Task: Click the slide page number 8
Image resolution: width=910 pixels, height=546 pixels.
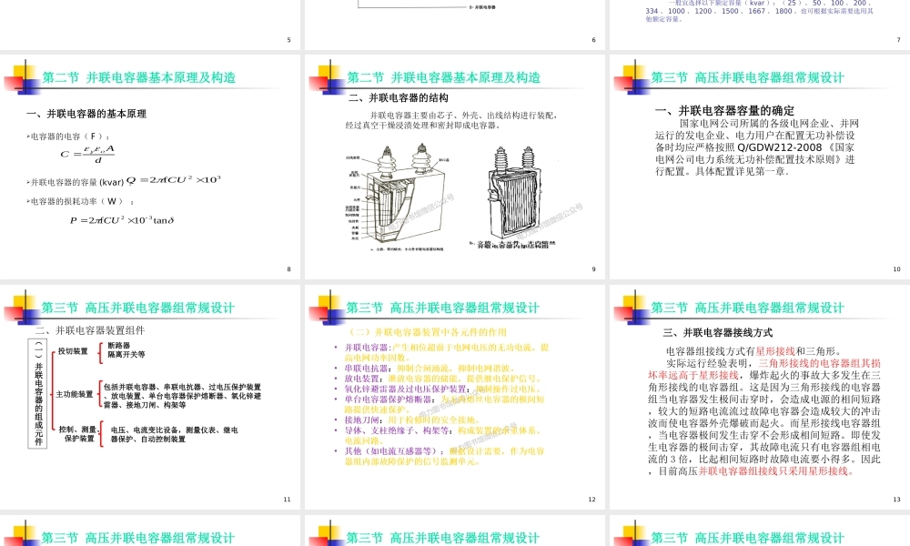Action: point(288,269)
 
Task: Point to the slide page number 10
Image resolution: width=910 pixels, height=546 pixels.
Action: point(896,269)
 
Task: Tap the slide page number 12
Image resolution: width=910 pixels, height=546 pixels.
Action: point(591,499)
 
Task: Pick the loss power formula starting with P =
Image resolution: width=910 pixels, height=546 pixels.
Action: point(121,219)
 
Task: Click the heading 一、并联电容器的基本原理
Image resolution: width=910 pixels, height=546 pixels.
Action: point(87,114)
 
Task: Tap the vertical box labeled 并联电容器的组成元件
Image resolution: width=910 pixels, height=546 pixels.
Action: point(38,400)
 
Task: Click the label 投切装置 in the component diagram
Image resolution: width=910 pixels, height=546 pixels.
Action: point(73,351)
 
